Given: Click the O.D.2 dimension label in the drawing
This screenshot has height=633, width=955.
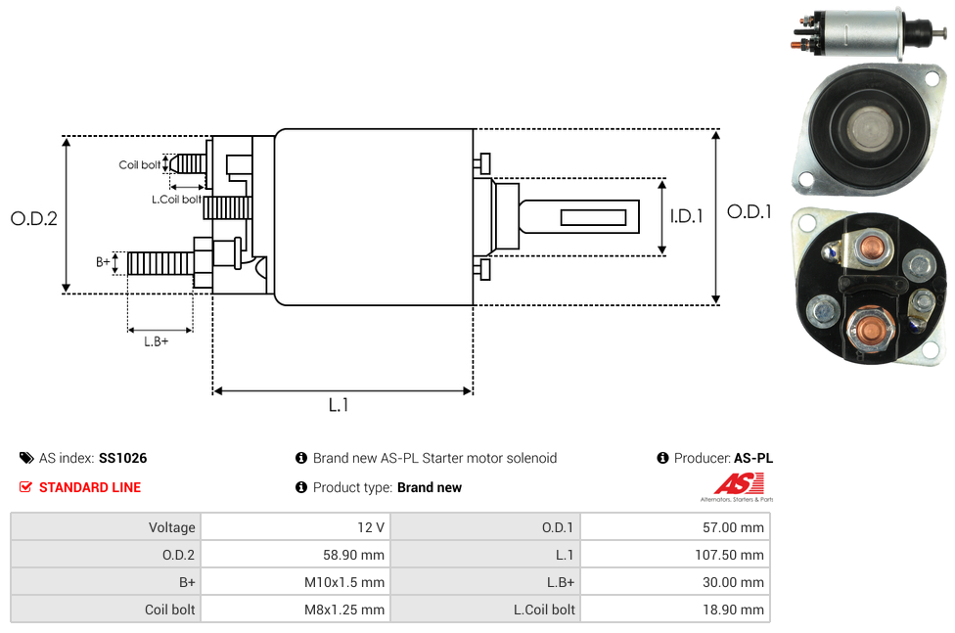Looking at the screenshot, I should [34, 219].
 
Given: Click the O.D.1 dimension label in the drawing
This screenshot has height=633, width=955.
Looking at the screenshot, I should [750, 211].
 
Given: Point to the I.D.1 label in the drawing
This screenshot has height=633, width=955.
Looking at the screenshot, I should [686, 217].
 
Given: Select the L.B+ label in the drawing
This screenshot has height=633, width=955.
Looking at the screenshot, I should [157, 341].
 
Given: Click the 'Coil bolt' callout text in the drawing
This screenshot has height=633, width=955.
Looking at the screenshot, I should [140, 165].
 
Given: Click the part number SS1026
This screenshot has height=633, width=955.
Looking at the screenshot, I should [123, 458].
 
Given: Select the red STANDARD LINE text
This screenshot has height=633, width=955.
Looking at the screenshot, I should [90, 487].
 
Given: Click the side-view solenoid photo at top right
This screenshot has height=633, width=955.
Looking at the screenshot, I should [866, 33].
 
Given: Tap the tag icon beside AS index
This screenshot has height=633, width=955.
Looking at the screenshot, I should [26, 458].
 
